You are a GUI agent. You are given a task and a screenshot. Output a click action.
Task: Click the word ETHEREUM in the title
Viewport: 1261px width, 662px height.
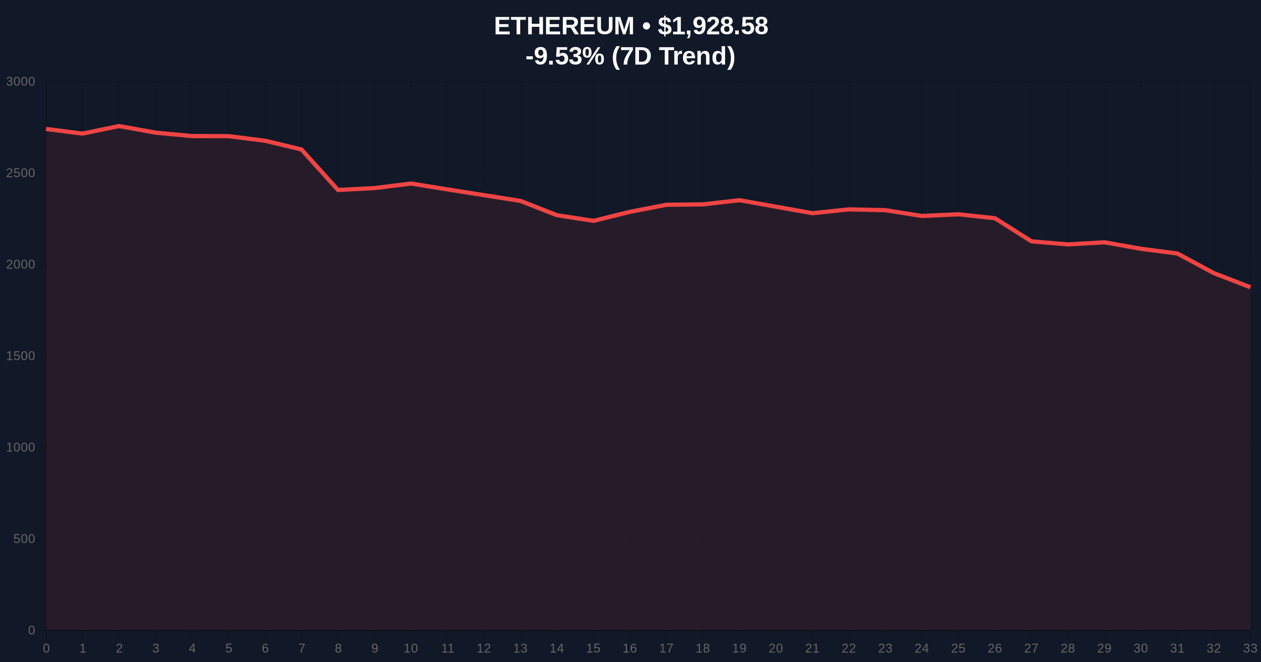coord(564,26)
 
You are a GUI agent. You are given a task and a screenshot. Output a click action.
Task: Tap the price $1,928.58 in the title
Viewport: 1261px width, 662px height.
coord(712,26)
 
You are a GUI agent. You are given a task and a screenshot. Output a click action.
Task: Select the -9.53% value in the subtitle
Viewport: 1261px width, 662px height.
coord(565,56)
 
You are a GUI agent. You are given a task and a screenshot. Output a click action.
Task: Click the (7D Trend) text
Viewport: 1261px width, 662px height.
coord(673,56)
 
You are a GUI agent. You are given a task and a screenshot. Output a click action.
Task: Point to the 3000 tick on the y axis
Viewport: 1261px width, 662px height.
coord(20,82)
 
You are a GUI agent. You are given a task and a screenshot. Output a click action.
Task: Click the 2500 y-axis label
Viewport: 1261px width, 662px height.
coord(20,173)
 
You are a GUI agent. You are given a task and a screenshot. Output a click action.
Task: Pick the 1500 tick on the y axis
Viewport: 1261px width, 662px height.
coord(20,356)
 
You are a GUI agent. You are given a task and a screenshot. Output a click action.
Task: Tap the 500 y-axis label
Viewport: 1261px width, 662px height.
coord(24,539)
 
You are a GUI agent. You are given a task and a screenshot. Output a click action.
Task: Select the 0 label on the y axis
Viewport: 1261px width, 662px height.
coord(32,630)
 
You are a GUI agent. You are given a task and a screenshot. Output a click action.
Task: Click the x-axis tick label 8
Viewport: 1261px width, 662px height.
coord(338,649)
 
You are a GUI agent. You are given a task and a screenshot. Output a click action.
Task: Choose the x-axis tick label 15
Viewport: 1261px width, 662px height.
coord(593,649)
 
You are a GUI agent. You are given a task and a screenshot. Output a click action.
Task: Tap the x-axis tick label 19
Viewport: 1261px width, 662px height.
coord(739,649)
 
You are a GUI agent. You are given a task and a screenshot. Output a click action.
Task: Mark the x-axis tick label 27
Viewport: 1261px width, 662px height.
coord(1031,649)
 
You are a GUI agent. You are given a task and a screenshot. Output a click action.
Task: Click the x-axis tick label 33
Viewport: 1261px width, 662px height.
coord(1250,649)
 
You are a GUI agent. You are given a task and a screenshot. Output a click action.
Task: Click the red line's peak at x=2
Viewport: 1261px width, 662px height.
coord(119,126)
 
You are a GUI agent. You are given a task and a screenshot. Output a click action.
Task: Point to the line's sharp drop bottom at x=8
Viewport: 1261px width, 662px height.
coord(338,190)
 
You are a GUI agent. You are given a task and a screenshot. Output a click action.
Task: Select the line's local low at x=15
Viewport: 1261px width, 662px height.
coord(593,221)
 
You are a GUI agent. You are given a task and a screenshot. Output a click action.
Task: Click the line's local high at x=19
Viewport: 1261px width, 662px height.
coord(739,200)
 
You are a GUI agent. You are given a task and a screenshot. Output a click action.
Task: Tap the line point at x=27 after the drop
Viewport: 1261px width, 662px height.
coord(1031,241)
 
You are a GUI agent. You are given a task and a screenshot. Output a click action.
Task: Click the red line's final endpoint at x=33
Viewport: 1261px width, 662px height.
coord(1249,287)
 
